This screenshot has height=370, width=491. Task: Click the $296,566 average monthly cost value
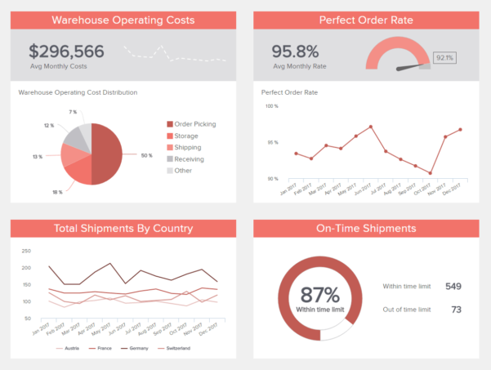tap(66, 51)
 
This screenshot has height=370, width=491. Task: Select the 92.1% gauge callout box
tap(444, 58)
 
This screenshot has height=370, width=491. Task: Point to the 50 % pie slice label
tap(146, 155)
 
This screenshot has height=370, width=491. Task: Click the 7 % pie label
tap(73, 112)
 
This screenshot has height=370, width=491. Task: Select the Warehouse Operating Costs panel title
tap(123, 20)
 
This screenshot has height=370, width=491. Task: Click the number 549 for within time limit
tap(453, 287)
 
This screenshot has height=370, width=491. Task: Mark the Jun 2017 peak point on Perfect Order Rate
tap(371, 127)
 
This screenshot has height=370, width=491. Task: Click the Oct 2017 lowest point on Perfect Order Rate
tap(431, 173)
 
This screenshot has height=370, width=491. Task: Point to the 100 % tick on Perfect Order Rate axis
tap(270, 105)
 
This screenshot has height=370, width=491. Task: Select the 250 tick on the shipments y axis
tap(25, 251)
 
